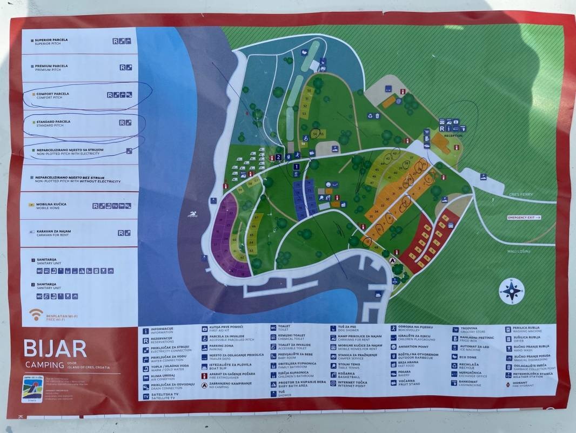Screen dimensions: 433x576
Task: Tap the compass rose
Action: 511,291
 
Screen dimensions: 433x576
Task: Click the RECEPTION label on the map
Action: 453,136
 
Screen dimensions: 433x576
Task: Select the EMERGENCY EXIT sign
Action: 524,218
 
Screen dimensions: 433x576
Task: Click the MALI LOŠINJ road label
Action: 521,251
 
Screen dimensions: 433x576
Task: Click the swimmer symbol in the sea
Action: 192,214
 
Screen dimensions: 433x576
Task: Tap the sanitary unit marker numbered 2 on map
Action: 279,157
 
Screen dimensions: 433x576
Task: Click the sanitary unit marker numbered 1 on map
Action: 296,168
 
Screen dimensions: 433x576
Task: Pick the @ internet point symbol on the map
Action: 399,101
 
